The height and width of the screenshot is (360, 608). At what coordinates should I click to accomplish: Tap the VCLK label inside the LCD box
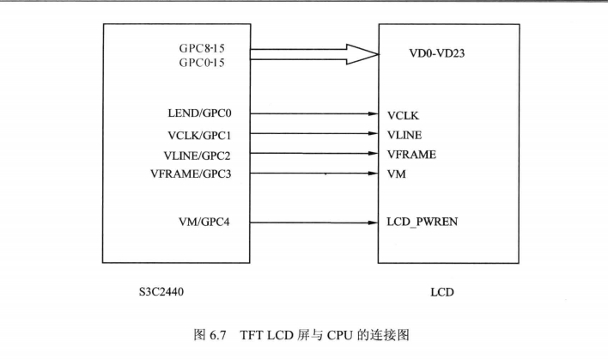pos(405,113)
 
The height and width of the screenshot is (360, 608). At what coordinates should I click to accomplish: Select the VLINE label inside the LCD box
pos(405,134)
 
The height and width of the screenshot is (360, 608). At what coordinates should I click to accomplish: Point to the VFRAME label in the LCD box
pos(412,155)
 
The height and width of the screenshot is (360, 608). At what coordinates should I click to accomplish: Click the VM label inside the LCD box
pos(397,174)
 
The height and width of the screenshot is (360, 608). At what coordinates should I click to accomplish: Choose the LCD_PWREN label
pos(423,223)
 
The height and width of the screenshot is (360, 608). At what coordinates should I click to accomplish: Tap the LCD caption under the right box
pos(442,293)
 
